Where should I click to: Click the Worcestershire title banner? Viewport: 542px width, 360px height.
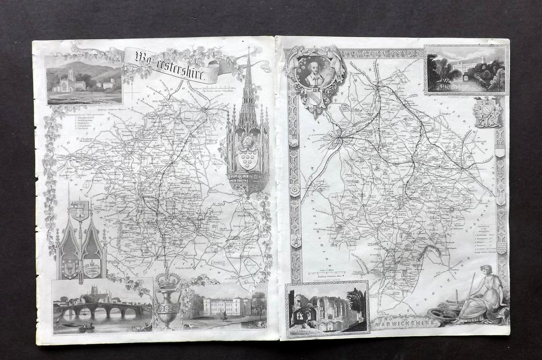tap(170, 64)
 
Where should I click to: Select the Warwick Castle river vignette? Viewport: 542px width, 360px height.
tap(466, 70)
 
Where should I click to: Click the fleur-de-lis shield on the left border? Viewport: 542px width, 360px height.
tap(295, 241)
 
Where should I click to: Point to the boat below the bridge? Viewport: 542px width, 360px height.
tap(86, 326)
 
